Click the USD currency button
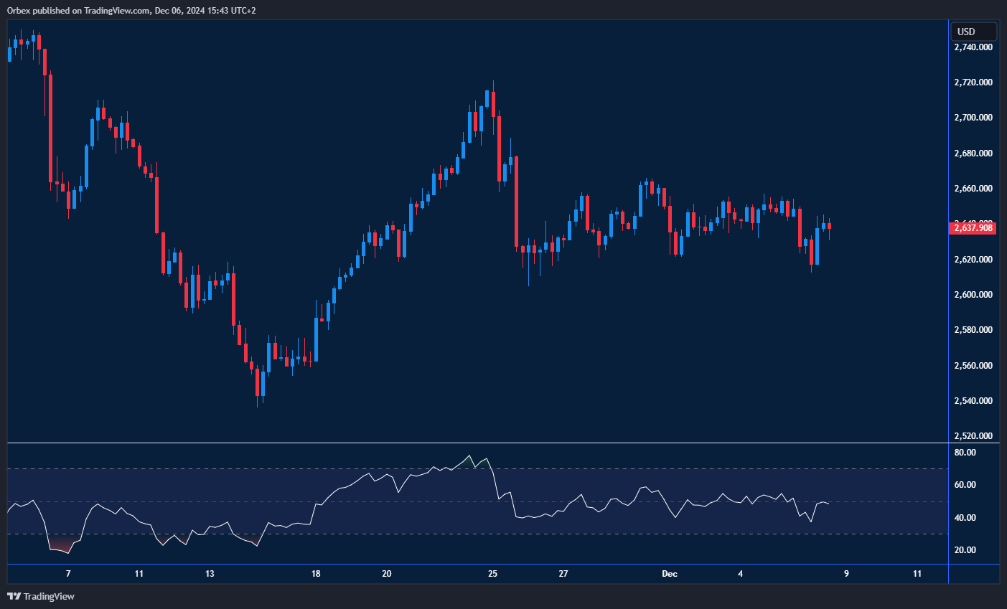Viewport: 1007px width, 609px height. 973,32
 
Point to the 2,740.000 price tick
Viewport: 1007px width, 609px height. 973,47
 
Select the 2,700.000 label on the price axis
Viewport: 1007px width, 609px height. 973,118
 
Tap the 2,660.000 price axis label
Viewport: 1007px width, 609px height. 973,189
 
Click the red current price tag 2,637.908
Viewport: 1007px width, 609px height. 973,228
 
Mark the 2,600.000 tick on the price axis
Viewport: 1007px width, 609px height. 973,295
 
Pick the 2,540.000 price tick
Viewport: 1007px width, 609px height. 973,401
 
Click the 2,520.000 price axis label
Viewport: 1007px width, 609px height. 973,436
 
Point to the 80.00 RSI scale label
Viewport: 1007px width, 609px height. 965,453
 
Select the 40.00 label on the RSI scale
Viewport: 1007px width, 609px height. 965,518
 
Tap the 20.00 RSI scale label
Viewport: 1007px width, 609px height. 965,550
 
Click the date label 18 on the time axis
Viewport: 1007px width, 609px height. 316,574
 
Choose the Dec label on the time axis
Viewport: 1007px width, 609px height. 669,574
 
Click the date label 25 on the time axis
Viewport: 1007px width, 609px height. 492,574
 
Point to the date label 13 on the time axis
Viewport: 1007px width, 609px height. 210,574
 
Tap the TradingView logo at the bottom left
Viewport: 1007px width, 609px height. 41,597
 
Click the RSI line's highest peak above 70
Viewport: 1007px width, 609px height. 469,456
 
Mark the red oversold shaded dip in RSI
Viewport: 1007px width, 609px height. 62,547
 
